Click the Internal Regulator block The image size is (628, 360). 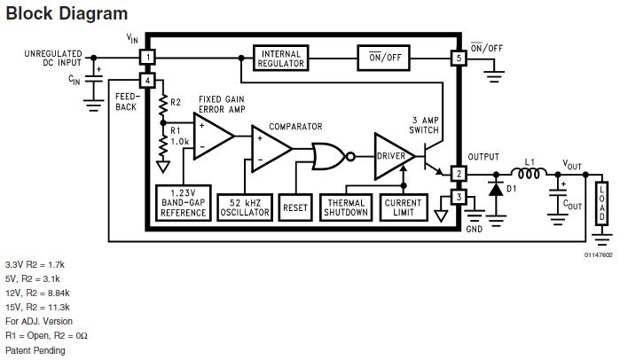pos(281,58)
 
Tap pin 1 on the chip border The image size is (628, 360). pos(147,58)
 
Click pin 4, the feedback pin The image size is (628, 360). pos(147,81)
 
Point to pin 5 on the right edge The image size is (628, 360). pos(459,58)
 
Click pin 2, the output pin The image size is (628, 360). pos(459,174)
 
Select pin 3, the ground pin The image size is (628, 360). pos(459,196)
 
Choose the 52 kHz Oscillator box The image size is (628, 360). pos(244,207)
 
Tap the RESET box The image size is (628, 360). pos(295,207)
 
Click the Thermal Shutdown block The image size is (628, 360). pos(347,207)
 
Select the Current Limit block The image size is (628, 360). pos(403,207)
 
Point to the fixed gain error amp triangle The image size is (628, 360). pos(212,135)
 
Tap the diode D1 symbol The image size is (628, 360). pos(495,187)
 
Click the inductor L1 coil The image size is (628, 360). pos(530,174)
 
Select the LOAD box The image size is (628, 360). pos(602,203)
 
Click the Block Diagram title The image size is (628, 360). pos(67,13)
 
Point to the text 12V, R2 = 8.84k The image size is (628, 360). pos(37,293)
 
